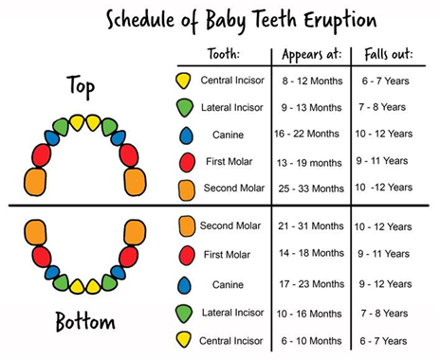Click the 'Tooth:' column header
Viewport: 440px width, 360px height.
(x=222, y=53)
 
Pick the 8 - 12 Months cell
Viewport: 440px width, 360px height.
(x=312, y=81)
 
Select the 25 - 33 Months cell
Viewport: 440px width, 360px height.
(x=312, y=188)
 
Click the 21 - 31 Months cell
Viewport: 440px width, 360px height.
(x=314, y=226)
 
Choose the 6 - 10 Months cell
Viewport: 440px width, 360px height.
(x=314, y=338)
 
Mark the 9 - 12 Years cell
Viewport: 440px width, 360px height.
(x=384, y=283)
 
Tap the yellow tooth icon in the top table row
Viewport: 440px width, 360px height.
(x=184, y=81)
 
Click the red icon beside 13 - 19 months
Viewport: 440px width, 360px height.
(x=186, y=162)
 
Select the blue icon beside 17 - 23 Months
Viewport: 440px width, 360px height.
(x=185, y=284)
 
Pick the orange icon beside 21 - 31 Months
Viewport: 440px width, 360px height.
(x=186, y=225)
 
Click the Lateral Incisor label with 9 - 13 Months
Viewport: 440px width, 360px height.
(x=232, y=107)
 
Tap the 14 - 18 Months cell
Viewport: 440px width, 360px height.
(x=314, y=254)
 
